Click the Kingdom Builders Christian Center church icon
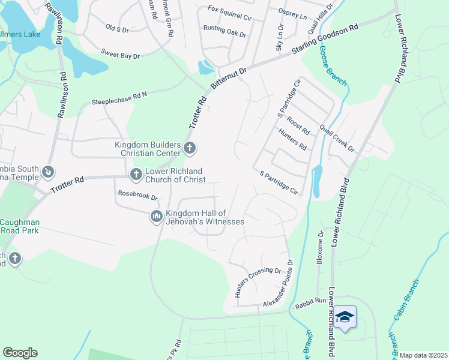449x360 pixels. point(190,147)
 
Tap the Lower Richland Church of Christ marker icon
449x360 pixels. point(136,174)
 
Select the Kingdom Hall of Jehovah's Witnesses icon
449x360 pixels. point(156,216)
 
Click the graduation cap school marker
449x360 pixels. point(345,316)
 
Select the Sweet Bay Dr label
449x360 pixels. point(120,55)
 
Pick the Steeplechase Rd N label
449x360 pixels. point(119,98)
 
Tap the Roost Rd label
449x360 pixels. point(298,126)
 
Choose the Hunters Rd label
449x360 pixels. point(292,139)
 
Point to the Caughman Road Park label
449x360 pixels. point(20,226)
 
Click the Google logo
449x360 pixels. point(20,352)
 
